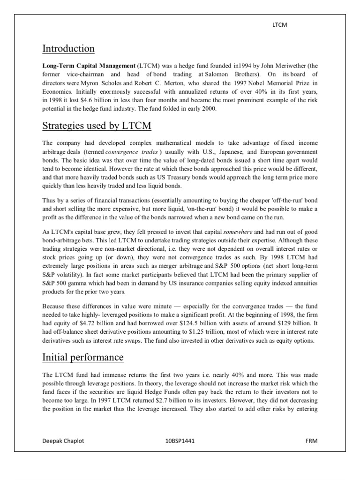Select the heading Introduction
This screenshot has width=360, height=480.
pos(68,49)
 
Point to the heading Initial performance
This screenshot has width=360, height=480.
pos(83,358)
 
